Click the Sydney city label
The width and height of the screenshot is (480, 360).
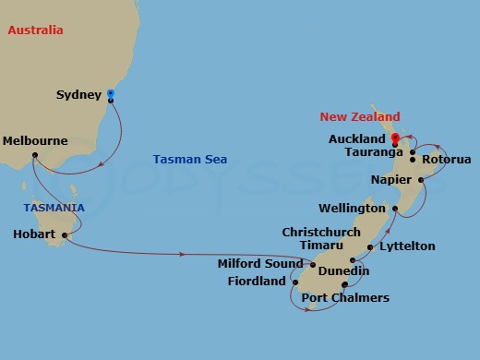point(78,94)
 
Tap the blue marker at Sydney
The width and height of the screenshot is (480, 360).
point(111,93)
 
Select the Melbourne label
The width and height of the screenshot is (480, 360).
point(35,141)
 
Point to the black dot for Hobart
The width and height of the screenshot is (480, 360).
point(65,235)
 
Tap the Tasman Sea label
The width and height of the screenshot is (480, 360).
point(189,160)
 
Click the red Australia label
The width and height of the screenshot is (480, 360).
point(35,30)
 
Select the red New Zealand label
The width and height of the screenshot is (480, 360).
point(360,117)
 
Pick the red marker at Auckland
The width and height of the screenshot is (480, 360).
point(394,138)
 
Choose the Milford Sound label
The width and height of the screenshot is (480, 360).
point(259,263)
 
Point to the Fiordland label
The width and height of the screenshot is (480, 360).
point(257,282)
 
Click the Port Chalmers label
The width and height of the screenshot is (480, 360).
point(345,297)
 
